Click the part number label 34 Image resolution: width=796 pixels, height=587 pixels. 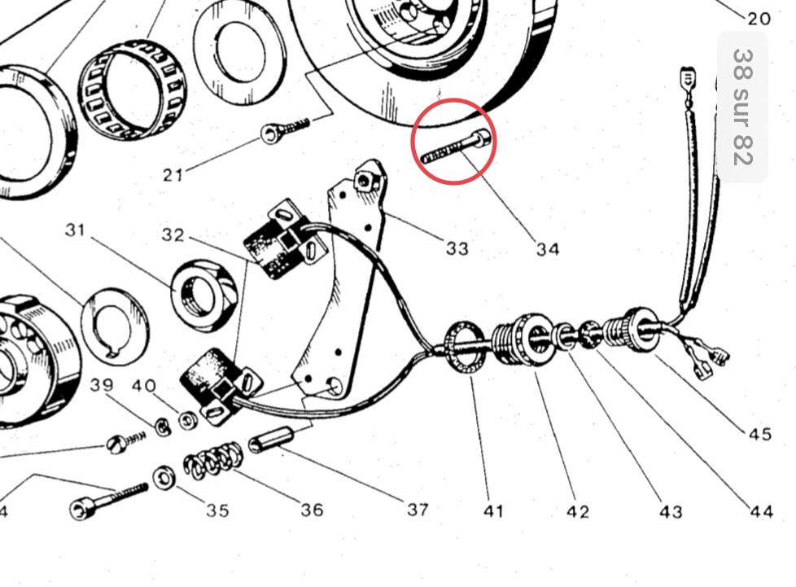(548, 249)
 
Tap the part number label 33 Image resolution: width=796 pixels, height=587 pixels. (457, 248)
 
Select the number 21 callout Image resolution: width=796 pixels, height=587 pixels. (173, 175)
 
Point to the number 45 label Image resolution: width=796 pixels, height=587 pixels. (760, 434)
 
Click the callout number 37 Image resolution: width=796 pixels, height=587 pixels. (418, 510)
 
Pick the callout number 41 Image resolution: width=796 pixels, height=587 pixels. (493, 510)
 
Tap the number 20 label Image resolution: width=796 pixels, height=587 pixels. (759, 19)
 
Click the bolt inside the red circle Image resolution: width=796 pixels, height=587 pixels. (456, 146)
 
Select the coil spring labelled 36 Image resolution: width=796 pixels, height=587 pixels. (213, 461)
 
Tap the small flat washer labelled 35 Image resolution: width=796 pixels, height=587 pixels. (164, 478)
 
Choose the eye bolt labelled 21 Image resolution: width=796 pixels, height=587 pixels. (285, 129)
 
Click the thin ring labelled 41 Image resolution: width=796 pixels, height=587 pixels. (466, 346)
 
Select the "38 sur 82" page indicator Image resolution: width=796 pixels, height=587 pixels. (742, 107)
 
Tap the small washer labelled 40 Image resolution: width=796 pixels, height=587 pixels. (188, 421)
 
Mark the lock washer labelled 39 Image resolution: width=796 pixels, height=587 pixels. (163, 427)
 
